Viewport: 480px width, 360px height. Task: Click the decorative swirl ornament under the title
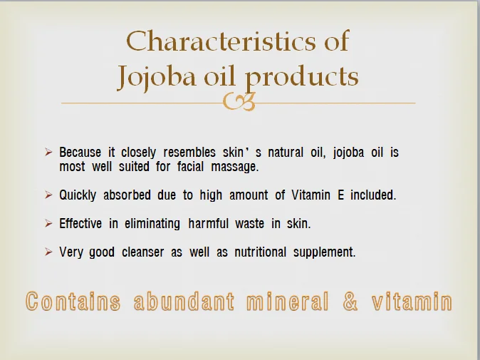coord(239,103)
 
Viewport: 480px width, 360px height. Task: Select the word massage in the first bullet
coord(234,167)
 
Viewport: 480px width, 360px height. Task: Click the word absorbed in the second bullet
coord(131,195)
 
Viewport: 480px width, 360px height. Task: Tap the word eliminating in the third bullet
coord(152,223)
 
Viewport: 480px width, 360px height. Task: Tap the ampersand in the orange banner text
coord(350,302)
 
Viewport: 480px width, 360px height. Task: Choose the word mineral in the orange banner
coord(287,302)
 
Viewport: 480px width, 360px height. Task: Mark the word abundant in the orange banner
coord(183,302)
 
